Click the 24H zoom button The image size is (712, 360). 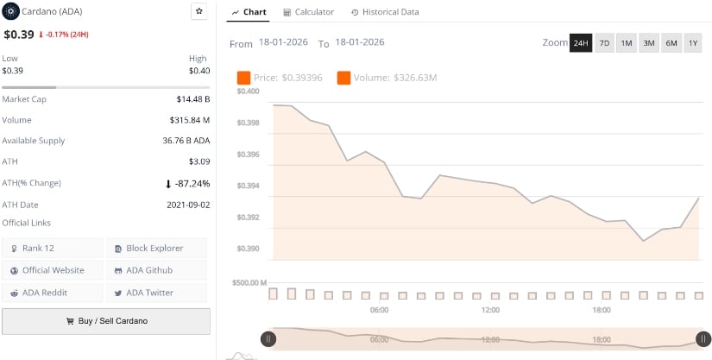[x=581, y=43]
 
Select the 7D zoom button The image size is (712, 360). [x=604, y=43]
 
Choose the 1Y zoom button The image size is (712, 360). [x=693, y=43]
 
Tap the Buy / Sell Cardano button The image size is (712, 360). [x=106, y=321]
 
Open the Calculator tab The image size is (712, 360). [x=308, y=12]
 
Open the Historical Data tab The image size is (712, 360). [x=385, y=12]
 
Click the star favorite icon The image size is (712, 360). [x=199, y=11]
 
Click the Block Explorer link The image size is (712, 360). [x=156, y=249]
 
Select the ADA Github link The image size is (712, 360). [x=156, y=270]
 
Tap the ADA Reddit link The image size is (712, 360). [x=53, y=293]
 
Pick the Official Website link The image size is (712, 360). [x=53, y=270]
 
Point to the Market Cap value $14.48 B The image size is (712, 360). [x=192, y=99]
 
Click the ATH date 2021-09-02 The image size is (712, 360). [x=188, y=205]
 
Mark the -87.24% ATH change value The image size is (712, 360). [x=192, y=184]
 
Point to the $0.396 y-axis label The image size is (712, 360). [x=248, y=155]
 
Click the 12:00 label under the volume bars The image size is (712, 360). [x=490, y=310]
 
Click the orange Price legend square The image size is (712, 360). [x=244, y=78]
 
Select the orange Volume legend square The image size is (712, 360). [x=343, y=78]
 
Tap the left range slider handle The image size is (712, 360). [x=268, y=339]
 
